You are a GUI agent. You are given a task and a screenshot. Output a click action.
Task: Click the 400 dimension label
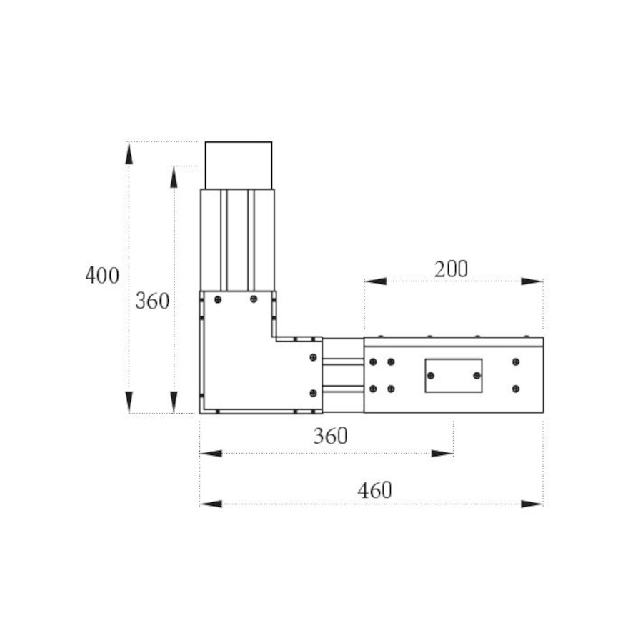point(102,275)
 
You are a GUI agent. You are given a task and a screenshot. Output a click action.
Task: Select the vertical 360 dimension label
point(153,301)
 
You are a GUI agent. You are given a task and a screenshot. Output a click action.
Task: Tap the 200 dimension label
point(451,269)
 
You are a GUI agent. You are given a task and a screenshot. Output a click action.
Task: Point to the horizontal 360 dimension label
point(331,436)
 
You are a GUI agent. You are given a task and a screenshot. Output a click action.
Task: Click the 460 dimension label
point(375,490)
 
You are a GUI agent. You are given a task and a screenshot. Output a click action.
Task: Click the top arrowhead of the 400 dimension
point(129,153)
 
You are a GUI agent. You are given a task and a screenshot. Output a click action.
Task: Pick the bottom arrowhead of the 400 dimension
point(129,402)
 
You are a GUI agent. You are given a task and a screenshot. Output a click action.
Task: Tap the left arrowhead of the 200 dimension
point(375,281)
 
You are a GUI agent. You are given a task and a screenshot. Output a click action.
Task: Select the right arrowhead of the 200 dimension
point(532,281)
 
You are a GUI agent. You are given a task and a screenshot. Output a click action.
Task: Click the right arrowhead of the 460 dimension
point(532,504)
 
